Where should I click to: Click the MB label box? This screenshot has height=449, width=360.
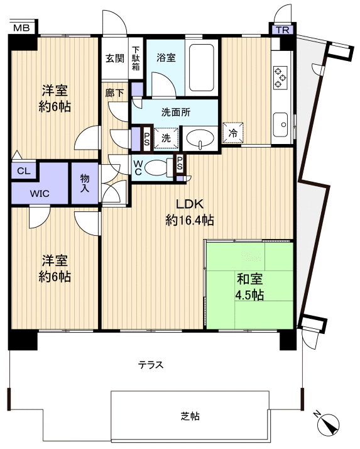click(x=21, y=27)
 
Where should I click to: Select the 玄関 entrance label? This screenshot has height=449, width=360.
click(x=115, y=58)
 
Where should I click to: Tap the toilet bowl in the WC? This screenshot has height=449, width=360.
click(x=160, y=169)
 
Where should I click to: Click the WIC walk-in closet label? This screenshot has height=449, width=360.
click(x=40, y=193)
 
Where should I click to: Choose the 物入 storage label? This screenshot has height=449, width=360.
click(x=85, y=183)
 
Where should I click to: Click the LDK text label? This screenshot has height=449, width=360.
click(x=188, y=204)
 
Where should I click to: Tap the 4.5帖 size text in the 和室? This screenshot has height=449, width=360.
click(x=249, y=294)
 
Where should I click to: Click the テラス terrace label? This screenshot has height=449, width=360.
click(x=151, y=364)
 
